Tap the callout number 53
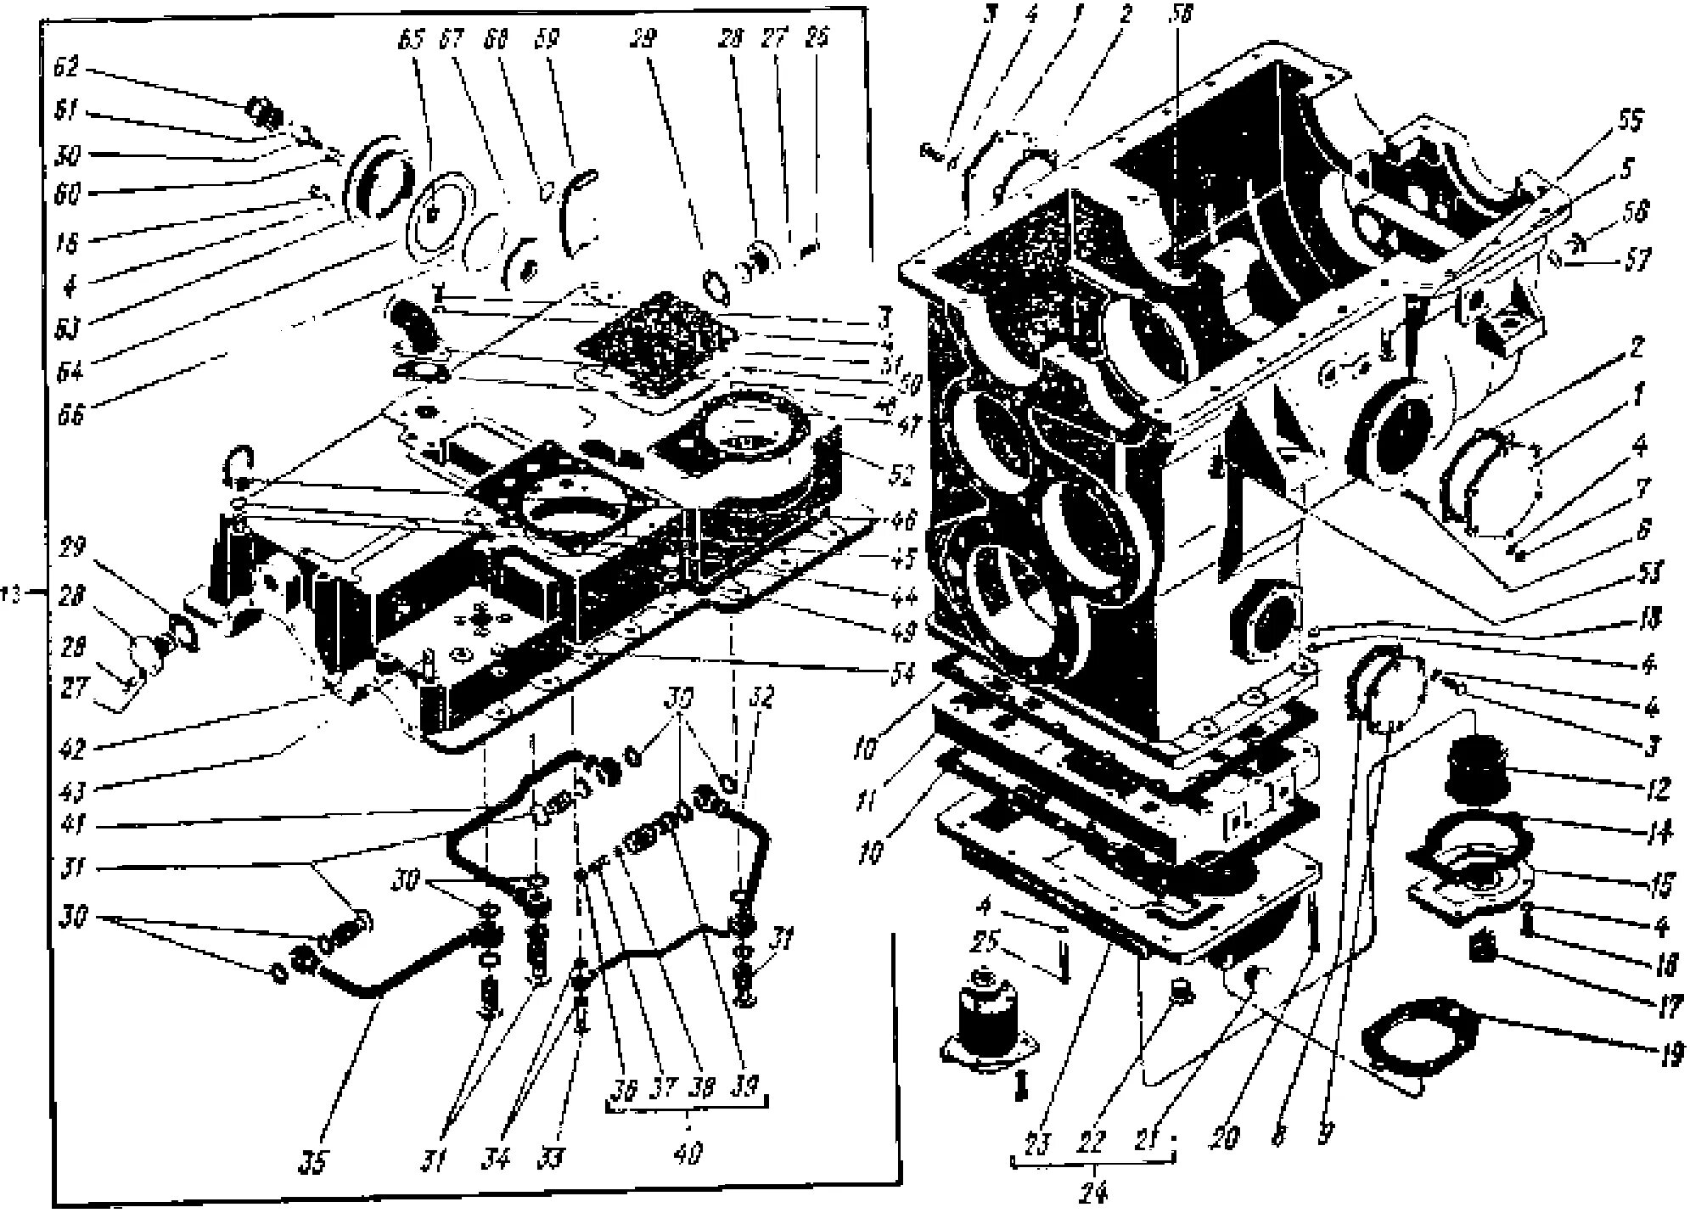(1650, 572)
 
